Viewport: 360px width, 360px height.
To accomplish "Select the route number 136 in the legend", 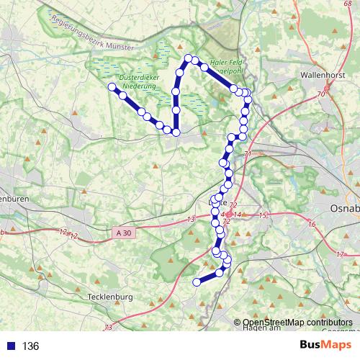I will [x=30, y=346].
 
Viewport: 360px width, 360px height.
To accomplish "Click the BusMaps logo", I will [x=330, y=346].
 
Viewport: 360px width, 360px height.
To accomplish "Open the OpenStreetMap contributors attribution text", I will [x=297, y=322].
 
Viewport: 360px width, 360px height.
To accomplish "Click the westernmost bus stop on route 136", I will [x=112, y=87].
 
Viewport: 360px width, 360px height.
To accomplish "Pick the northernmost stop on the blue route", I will [x=189, y=58].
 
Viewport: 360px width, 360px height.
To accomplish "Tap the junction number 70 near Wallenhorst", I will [x=320, y=94].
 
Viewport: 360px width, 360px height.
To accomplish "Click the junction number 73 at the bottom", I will [x=107, y=328].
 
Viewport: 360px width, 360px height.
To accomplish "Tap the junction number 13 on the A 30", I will [x=191, y=219].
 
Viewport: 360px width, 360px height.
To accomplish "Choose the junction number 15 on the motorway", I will [x=263, y=215].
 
